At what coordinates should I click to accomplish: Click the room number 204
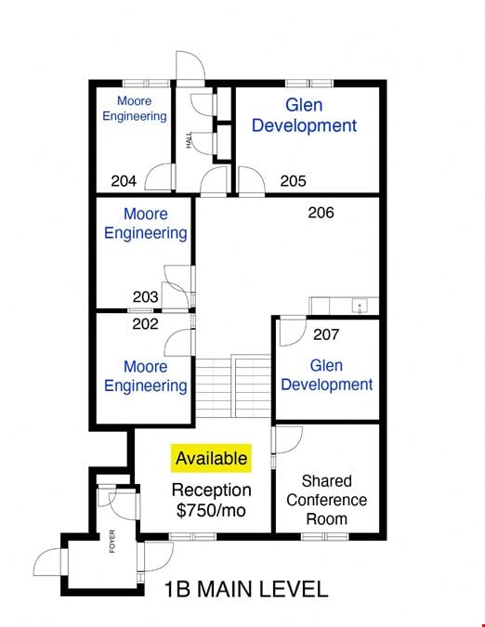click(x=124, y=181)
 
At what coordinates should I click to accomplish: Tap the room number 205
click(x=293, y=181)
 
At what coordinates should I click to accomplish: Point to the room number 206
click(x=321, y=213)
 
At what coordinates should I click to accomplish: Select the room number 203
click(x=145, y=297)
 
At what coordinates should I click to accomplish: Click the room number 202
click(x=145, y=323)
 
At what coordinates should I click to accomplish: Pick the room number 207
click(x=326, y=334)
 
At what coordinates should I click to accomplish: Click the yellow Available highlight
click(x=211, y=458)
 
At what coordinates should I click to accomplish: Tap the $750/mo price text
click(x=211, y=511)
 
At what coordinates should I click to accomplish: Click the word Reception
click(x=211, y=490)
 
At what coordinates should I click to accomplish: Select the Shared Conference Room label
click(x=327, y=500)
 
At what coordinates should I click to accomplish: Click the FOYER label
click(x=111, y=541)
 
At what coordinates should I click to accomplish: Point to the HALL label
click(x=189, y=140)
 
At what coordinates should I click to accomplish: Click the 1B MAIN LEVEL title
click(x=246, y=590)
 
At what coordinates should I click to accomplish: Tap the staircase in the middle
click(x=233, y=386)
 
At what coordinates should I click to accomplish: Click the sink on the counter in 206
click(x=360, y=307)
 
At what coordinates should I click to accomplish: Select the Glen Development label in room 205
click(x=304, y=115)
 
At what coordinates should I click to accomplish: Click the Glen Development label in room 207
click(x=327, y=375)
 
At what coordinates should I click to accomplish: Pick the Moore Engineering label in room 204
click(x=135, y=109)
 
